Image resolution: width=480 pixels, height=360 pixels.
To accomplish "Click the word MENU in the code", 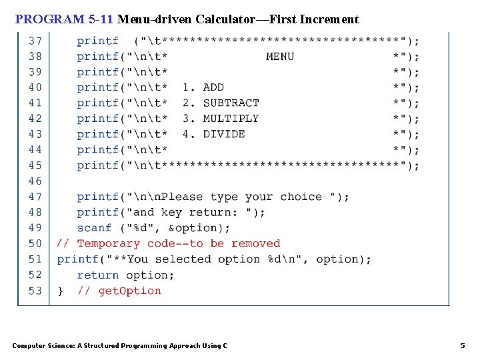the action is point(280,56).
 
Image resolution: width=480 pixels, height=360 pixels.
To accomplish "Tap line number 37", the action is point(35,41).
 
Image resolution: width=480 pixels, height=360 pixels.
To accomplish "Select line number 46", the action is point(35,181).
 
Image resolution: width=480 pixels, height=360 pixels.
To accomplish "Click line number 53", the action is point(35,291).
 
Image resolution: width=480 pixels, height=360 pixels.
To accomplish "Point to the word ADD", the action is point(213,87).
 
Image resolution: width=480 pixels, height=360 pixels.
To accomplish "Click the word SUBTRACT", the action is point(231,103).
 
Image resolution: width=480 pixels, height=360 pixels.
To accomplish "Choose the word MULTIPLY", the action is point(231,119).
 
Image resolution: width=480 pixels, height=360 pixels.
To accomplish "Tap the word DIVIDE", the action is point(224,134).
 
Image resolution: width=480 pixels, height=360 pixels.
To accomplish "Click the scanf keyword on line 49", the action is point(95,228).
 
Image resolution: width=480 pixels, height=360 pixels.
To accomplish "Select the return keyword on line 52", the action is point(98,275).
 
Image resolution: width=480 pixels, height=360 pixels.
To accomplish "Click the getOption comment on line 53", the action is point(129,291).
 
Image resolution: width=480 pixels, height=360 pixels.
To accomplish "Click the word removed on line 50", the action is point(255,243).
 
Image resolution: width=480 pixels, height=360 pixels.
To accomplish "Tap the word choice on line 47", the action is point(301,197).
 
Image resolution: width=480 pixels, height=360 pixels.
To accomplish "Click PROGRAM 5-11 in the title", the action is point(64,19).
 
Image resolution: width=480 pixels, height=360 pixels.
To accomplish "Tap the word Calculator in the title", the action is point(225,19).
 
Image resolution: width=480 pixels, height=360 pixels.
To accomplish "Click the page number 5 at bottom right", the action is point(463,345).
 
